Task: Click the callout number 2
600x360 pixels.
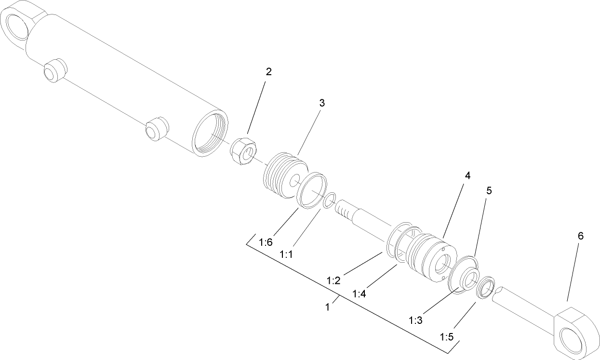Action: (269, 72)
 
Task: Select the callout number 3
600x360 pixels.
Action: (322, 103)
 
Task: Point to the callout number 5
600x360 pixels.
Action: (489, 190)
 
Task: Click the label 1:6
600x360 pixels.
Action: (266, 242)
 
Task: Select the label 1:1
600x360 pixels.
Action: (287, 254)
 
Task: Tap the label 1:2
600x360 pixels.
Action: (333, 280)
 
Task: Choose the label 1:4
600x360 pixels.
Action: (360, 293)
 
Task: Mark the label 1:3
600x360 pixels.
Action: (416, 320)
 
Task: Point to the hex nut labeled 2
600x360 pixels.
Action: (243, 151)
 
